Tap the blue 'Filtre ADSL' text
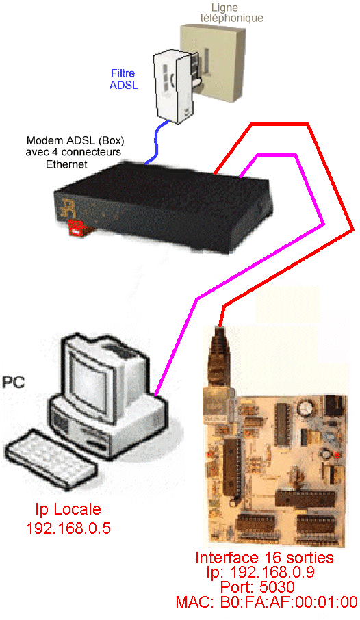tap(123, 79)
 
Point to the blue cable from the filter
tap(157, 142)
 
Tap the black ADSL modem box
tap(163, 206)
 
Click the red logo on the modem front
tap(76, 228)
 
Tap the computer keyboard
tap(51, 455)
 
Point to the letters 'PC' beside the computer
tap(14, 383)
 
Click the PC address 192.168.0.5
tap(68, 528)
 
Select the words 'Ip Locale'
tap(68, 509)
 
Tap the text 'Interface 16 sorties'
tap(264, 558)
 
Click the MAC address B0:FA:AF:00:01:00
tap(267, 602)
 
